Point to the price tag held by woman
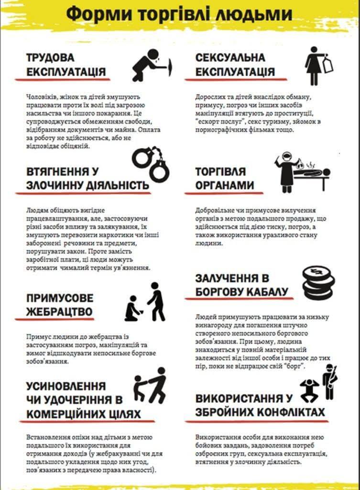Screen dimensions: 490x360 328,64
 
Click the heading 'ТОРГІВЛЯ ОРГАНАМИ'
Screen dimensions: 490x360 225,178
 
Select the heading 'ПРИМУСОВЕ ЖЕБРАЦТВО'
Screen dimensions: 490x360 60,305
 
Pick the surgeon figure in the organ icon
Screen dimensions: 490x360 285,172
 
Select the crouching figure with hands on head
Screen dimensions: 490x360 309,390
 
